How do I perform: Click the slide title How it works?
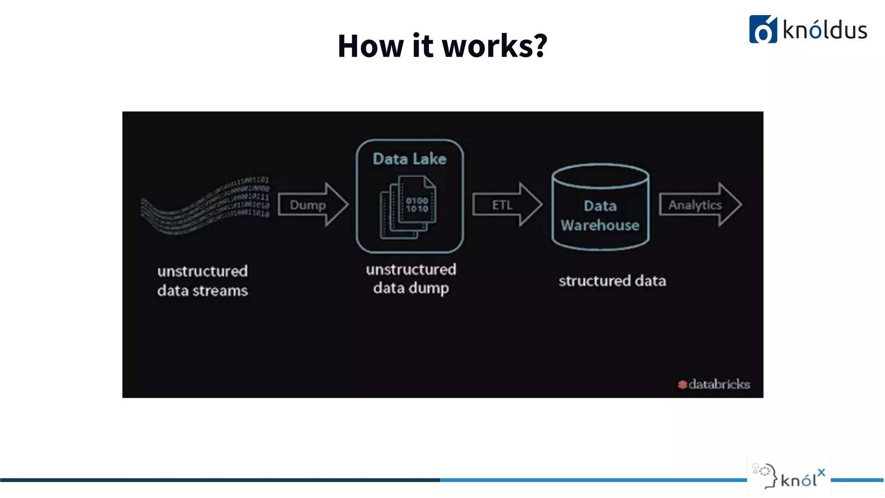442,46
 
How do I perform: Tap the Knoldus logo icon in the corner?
763,29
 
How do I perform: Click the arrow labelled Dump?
312,204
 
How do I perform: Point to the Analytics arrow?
699,204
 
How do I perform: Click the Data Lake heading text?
409,159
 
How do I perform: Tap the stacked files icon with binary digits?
408,207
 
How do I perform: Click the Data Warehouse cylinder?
600,207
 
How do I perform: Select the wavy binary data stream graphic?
206,205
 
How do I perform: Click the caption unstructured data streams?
202,281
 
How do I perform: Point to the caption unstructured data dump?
411,279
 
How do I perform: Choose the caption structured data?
612,281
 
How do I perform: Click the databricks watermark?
714,384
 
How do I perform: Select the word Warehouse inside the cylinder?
600,225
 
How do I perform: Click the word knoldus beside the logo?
825,30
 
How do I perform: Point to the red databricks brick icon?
682,384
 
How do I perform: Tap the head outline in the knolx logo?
767,476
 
